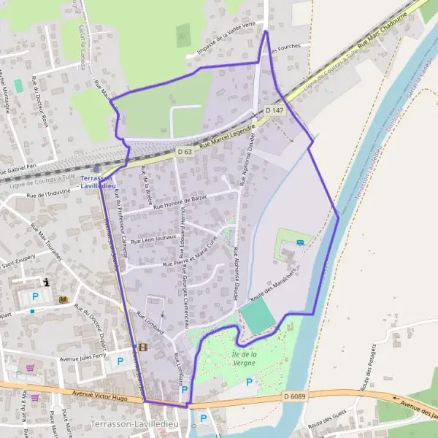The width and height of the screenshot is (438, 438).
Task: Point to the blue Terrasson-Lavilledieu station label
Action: (x=99, y=182)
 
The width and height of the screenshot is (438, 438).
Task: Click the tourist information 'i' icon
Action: (x=47, y=282)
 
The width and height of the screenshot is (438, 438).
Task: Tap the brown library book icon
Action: (x=63, y=299)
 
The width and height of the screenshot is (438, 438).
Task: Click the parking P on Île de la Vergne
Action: (x=249, y=382)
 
